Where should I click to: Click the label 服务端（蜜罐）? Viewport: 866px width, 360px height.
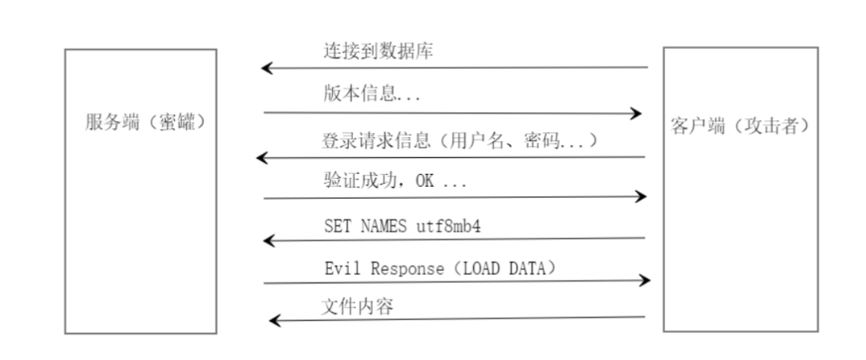[x=140, y=122]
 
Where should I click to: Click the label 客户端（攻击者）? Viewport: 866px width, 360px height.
[x=739, y=127]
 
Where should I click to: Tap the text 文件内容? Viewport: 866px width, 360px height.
[x=357, y=306]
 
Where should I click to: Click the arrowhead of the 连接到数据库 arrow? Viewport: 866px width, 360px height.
[x=268, y=69]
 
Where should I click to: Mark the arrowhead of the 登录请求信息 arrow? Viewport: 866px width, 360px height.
[x=262, y=158]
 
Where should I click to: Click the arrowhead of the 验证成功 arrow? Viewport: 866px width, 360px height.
[x=640, y=196]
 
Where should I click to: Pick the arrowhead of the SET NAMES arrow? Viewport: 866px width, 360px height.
[x=270, y=240]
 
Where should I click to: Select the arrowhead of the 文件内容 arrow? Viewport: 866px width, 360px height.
[x=274, y=321]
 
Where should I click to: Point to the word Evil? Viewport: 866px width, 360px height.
[x=340, y=269]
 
